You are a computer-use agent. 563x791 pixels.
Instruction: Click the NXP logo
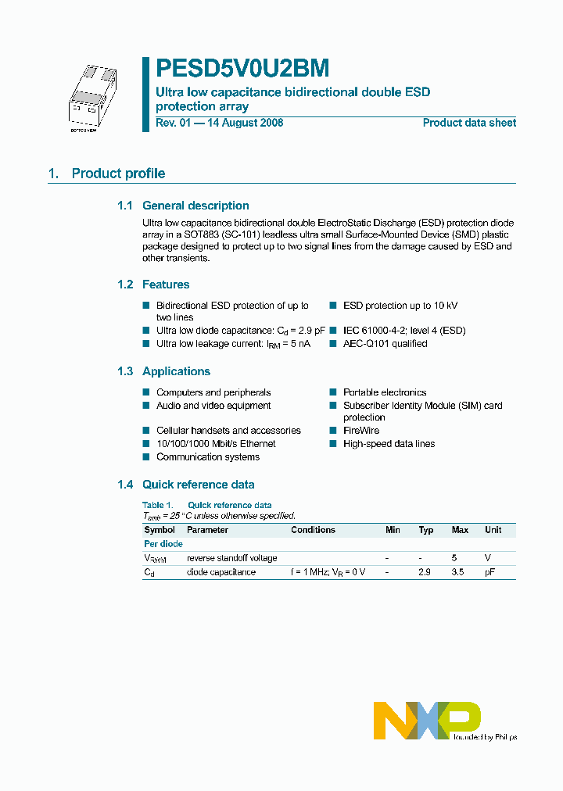427,720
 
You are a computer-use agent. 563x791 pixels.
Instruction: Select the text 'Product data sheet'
469,123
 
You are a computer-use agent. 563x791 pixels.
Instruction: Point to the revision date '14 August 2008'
246,123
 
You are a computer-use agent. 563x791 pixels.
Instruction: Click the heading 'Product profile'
118,174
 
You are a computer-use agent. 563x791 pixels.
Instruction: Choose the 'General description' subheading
195,206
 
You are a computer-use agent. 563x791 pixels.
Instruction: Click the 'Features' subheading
166,285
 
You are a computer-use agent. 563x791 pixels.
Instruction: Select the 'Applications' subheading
176,371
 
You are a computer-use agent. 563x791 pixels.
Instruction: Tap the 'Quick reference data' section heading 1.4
198,485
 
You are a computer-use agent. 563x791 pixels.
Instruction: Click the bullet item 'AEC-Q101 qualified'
385,344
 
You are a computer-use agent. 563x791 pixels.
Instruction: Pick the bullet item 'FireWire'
360,431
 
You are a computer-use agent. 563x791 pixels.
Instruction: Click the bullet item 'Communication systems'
207,457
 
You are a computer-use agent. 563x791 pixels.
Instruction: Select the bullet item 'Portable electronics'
384,392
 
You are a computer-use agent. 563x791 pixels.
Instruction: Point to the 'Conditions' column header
313,530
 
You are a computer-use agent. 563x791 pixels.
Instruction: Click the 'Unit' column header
493,530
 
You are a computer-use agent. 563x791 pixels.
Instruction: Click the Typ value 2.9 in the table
425,572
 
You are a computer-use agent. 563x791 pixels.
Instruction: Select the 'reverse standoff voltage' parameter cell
232,558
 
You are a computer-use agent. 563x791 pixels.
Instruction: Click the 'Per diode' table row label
163,544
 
